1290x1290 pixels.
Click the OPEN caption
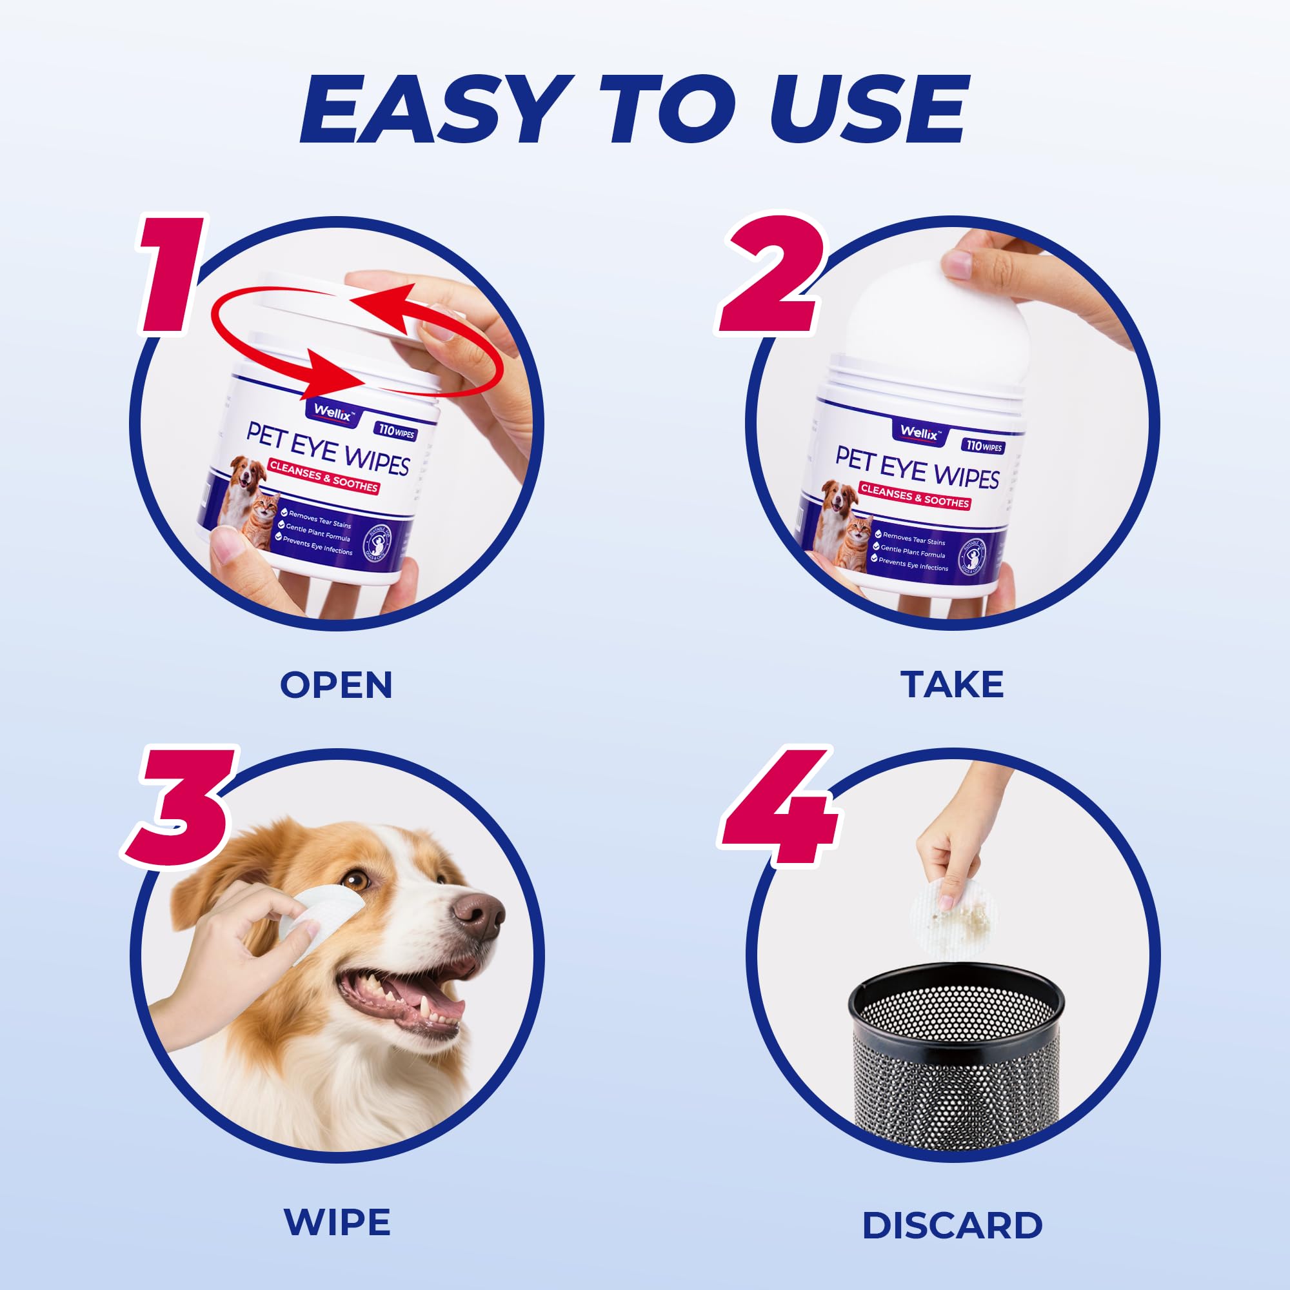[x=336, y=685]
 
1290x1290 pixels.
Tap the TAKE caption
[x=952, y=684]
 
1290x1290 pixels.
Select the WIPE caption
[x=337, y=1222]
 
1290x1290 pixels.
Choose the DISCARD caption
[x=952, y=1225]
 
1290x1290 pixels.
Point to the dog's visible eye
[x=359, y=880]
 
